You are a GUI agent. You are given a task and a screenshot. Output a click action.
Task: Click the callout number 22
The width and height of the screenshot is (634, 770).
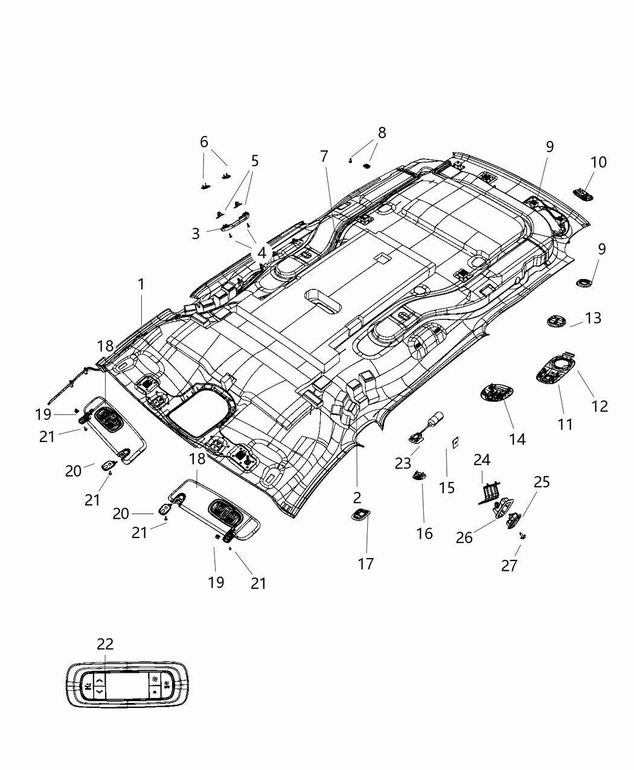click(x=104, y=644)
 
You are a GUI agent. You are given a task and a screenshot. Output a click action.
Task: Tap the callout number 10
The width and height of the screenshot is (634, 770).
click(x=598, y=162)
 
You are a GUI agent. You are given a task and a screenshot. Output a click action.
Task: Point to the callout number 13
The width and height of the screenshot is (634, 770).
click(x=593, y=318)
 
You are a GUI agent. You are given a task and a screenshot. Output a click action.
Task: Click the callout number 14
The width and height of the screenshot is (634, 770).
click(x=517, y=439)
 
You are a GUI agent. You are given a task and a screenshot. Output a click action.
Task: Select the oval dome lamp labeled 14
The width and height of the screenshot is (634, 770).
click(x=495, y=393)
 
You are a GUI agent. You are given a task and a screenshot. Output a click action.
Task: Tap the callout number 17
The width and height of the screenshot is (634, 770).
click(x=366, y=563)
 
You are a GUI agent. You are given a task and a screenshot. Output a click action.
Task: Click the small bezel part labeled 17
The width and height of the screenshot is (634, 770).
click(x=360, y=514)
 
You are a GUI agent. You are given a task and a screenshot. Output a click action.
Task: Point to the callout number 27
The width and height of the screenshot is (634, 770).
click(x=509, y=566)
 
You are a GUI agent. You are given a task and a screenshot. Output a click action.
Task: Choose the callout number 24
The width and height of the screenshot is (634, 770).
click(x=481, y=460)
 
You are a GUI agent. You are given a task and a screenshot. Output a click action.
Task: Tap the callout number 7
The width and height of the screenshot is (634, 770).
click(x=324, y=156)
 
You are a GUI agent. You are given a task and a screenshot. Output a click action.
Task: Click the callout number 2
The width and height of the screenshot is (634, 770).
click(x=357, y=497)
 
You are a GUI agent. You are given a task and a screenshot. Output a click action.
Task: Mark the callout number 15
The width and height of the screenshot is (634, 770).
click(x=446, y=487)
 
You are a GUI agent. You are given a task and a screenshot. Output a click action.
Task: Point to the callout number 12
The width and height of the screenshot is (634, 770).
click(x=599, y=406)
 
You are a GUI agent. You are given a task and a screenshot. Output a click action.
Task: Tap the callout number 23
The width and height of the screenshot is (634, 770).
click(x=403, y=463)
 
